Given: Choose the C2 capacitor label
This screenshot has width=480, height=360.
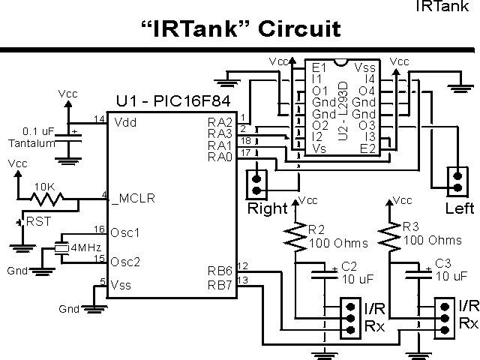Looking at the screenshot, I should pyautogui.click(x=349, y=266).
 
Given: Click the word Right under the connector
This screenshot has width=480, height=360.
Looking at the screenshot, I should pyautogui.click(x=268, y=208).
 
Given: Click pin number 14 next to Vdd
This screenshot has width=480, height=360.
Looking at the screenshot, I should pyautogui.click(x=99, y=119).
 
